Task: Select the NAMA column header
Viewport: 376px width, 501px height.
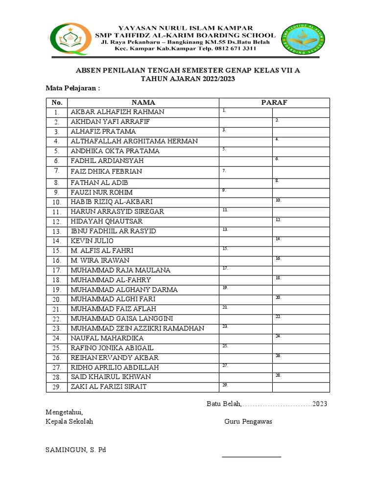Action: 143,102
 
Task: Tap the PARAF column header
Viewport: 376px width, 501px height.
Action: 274,102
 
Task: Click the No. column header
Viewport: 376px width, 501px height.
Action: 57,102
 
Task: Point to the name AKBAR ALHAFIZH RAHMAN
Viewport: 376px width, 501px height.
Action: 117,112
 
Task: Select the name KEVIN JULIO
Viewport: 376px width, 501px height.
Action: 92,241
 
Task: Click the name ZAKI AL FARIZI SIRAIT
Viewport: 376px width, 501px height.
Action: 108,387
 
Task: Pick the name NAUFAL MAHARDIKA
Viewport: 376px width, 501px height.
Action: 107,338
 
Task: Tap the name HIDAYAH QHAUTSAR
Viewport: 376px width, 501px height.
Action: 107,221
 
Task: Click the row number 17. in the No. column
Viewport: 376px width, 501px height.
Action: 57,270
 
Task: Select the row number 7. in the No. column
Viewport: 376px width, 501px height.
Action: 57,171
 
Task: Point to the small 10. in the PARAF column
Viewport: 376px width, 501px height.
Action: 278,200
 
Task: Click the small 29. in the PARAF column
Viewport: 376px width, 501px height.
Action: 225,385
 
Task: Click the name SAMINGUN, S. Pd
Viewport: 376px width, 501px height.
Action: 76,450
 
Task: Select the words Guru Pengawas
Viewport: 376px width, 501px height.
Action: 248,422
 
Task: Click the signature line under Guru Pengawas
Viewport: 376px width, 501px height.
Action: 252,456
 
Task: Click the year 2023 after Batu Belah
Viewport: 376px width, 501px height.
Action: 320,404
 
